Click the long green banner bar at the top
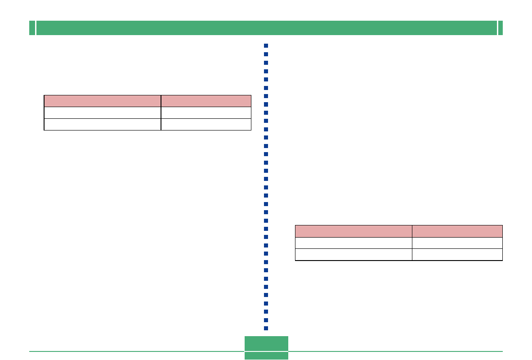tap(266, 28)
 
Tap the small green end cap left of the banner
tap(32, 28)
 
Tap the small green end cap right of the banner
tap(500, 28)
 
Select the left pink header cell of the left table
tap(103, 101)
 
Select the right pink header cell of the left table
tap(206, 101)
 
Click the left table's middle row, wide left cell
tap(103, 112)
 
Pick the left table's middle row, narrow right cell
tap(206, 112)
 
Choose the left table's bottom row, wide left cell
tap(103, 124)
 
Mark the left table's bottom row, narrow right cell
tap(206, 124)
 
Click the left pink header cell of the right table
tap(353, 231)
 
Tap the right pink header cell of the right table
tap(457, 231)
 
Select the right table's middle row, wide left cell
tap(353, 243)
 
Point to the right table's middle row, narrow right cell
tap(457, 243)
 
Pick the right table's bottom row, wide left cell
tap(353, 255)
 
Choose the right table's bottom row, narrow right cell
tap(457, 255)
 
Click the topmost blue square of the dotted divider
tap(266, 46)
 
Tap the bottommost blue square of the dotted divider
tap(266, 328)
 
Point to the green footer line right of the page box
tap(395, 351)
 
